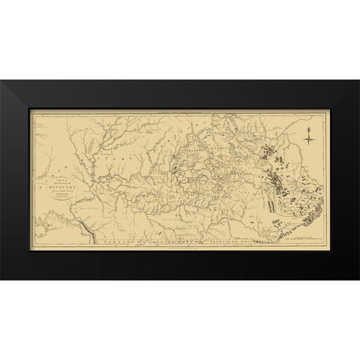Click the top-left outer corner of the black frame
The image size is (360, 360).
tap(1, 82)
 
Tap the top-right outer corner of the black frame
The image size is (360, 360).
tap(358, 82)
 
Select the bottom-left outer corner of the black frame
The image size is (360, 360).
tap(1, 278)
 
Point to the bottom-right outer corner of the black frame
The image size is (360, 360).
tap(358, 278)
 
